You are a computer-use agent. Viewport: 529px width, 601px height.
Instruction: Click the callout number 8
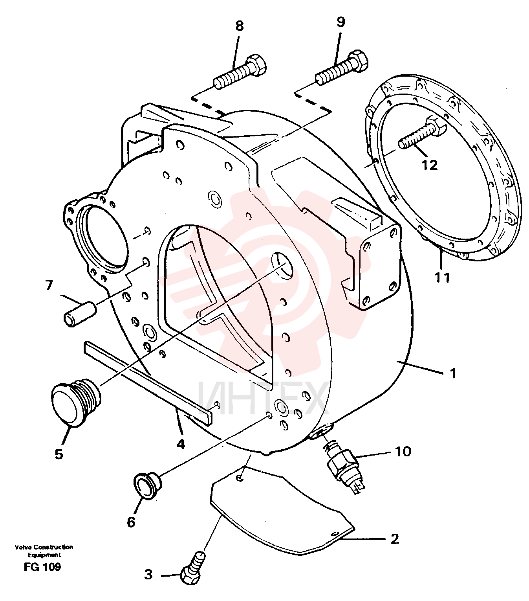click(x=240, y=26)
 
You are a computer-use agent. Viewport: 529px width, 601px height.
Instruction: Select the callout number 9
click(x=341, y=22)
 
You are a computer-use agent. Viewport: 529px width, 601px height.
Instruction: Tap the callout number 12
click(x=429, y=165)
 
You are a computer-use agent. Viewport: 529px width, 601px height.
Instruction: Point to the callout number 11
click(x=442, y=278)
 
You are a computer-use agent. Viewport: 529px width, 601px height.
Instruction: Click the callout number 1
click(x=452, y=373)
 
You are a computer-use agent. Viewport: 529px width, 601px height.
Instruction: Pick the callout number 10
click(x=403, y=452)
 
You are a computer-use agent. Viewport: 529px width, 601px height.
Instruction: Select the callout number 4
click(x=181, y=444)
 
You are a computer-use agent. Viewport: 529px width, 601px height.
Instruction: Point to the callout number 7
click(x=49, y=285)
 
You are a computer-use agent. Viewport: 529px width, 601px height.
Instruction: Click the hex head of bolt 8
click(x=257, y=64)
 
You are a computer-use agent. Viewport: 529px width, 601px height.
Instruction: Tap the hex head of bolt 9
click(x=359, y=61)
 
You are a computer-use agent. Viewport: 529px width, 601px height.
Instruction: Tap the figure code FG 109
click(x=42, y=567)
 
